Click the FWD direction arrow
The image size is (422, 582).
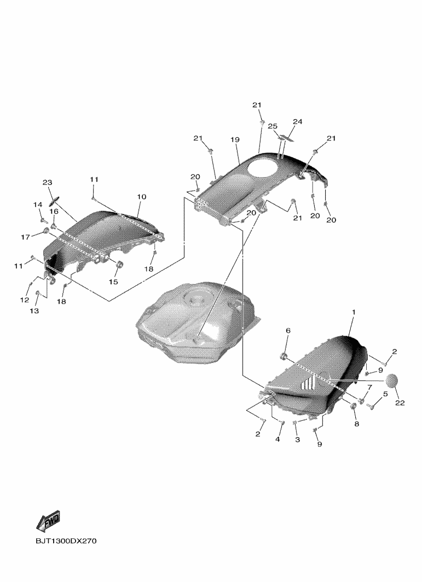[x=48, y=521]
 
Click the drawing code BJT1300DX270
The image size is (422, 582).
[x=66, y=541]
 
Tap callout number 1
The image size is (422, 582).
[x=354, y=312]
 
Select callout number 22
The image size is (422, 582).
[x=400, y=403]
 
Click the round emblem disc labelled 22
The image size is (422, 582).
[x=391, y=381]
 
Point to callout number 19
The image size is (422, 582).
[x=235, y=139]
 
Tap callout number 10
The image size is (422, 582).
[x=141, y=197]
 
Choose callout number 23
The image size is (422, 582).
[x=47, y=182]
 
